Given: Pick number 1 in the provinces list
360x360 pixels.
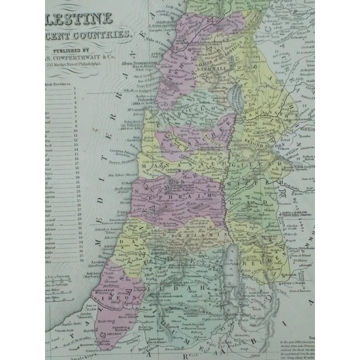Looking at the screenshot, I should click(75, 90).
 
